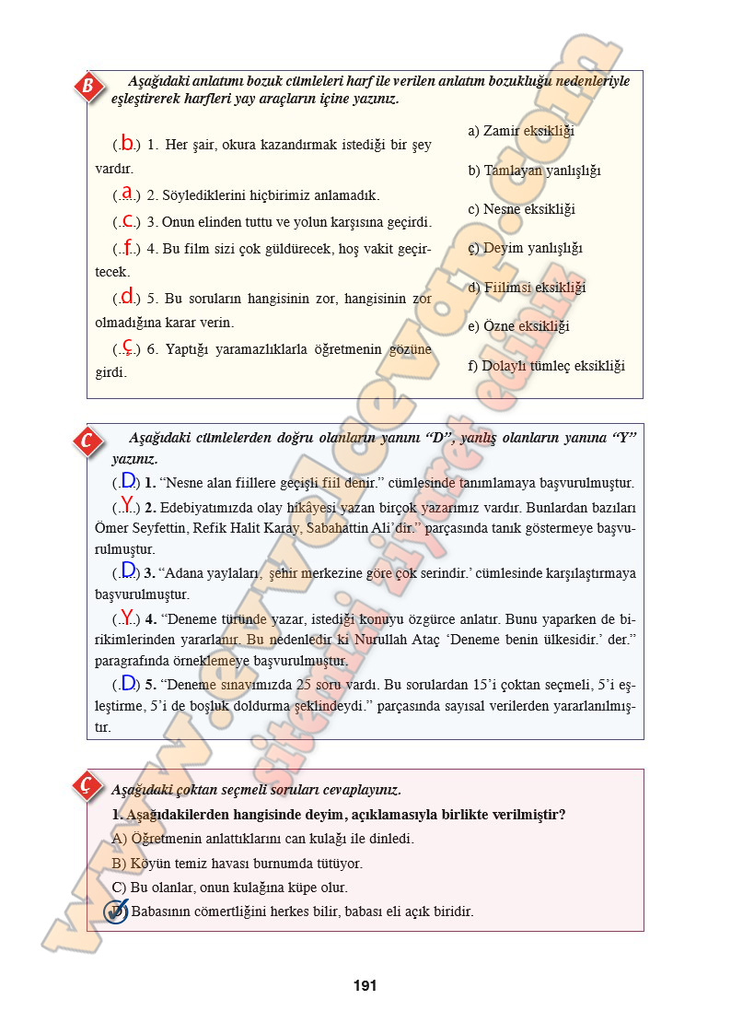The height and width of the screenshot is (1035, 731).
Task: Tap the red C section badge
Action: point(87,441)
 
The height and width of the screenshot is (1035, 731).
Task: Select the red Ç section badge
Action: point(86,785)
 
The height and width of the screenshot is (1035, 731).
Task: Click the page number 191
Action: point(365,985)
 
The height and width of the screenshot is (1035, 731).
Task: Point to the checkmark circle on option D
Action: point(116,912)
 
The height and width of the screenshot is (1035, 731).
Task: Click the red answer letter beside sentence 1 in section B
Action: point(127,143)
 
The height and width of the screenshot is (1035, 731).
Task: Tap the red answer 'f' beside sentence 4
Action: point(127,246)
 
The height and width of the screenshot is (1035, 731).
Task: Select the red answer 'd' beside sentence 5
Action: point(127,297)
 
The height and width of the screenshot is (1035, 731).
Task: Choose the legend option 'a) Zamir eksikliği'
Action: point(521,131)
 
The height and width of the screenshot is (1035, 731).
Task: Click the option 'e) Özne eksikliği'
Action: point(518,326)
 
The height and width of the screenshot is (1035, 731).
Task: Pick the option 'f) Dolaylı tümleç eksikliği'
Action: point(546,366)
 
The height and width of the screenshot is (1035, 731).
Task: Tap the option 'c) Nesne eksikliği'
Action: point(521,209)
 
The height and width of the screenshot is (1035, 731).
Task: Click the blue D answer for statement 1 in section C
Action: point(128,480)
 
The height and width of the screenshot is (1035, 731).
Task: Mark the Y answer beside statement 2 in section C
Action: point(127,505)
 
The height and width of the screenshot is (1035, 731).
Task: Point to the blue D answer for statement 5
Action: point(128,683)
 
